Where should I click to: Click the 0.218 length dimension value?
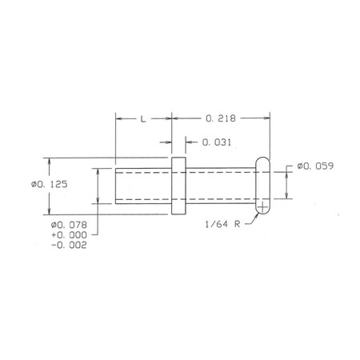[x=221, y=118]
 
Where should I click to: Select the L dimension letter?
[x=143, y=119]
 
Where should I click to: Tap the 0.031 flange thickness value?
[x=217, y=142]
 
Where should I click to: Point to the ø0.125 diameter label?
[x=49, y=184]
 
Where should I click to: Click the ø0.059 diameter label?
[x=315, y=166]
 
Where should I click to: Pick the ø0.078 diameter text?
[x=69, y=225]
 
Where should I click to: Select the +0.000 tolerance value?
[x=69, y=235]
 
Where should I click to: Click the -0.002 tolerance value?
[x=69, y=245]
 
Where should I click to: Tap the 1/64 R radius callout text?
[x=222, y=224]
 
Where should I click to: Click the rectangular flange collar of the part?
[x=178, y=186]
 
